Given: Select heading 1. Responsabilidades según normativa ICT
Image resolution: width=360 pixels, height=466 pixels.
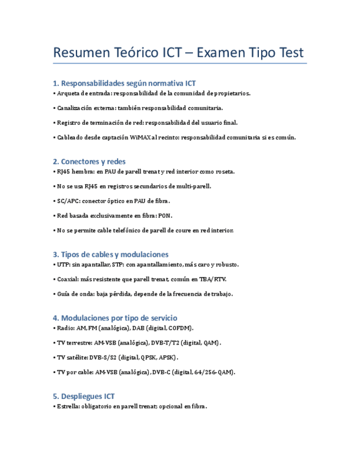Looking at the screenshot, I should [x=124, y=84].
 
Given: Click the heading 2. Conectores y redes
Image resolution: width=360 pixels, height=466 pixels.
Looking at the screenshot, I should [x=89, y=162].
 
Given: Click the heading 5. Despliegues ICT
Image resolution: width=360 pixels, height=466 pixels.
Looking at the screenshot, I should [x=84, y=396].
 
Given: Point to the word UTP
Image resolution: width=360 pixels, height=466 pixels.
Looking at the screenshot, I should [x=63, y=265].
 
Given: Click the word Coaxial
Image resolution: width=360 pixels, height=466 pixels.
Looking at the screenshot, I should [x=68, y=279].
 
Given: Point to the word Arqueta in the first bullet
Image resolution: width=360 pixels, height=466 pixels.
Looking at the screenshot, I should [x=68, y=93].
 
